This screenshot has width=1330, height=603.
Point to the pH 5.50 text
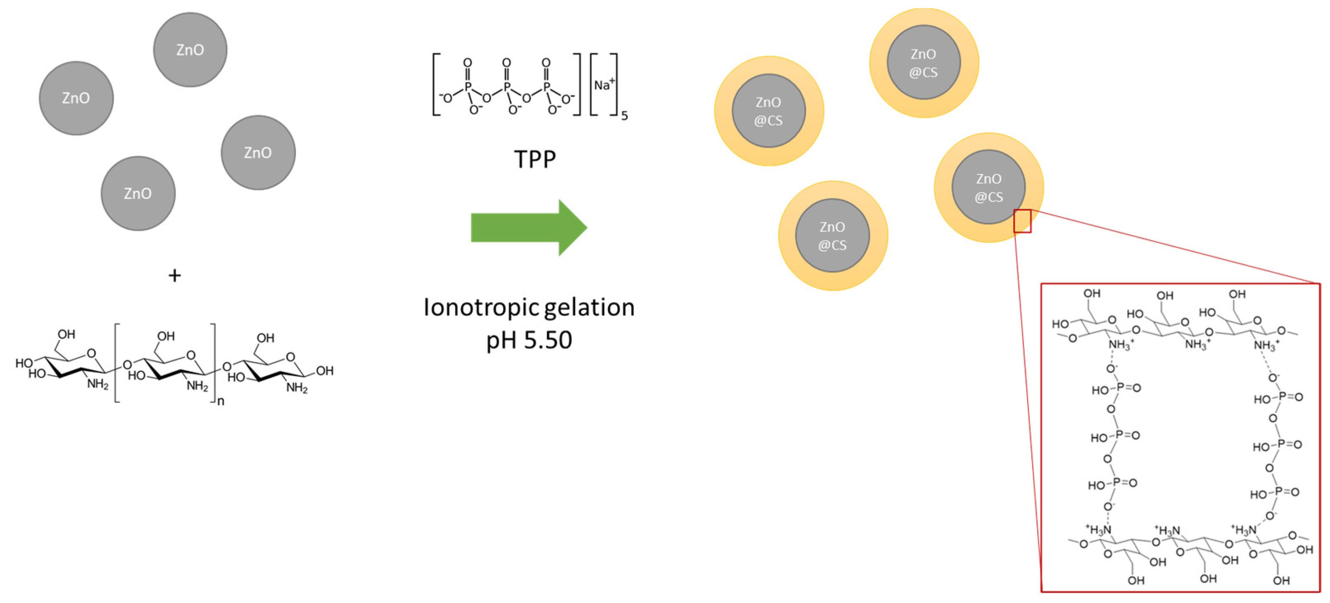529,340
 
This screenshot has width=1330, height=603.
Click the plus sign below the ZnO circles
174,276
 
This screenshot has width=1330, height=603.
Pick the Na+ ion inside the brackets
604,85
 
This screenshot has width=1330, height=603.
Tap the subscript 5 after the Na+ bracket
624,116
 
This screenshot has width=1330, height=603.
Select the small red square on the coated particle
1022,221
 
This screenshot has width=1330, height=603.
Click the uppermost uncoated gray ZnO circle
190,50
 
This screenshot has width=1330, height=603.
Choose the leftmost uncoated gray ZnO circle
76,98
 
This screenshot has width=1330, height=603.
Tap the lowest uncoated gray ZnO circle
138,193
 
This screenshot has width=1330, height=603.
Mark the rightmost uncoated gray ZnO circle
258,153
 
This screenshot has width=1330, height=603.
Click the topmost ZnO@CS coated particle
924,62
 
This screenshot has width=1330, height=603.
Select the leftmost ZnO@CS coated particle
769,111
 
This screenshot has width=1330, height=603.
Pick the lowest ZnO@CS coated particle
833,236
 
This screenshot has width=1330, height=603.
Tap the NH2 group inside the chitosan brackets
197,386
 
